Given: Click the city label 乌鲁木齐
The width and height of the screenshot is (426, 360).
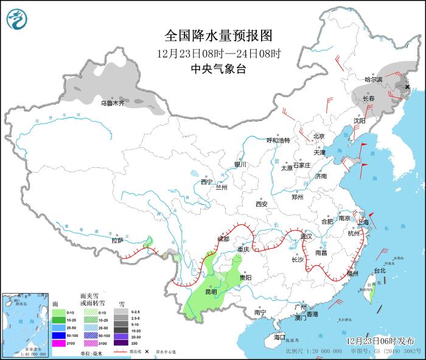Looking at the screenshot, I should (113, 103).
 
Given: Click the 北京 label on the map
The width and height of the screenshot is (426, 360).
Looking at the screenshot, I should (319, 136).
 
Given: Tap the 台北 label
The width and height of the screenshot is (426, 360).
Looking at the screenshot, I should (380, 270).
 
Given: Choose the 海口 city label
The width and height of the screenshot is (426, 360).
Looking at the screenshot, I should (279, 337).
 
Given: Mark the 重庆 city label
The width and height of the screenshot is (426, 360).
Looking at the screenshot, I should (243, 249).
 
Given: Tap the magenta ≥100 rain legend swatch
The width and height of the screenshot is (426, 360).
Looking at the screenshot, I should (58, 343).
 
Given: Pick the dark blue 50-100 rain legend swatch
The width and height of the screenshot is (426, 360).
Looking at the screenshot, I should (58, 335).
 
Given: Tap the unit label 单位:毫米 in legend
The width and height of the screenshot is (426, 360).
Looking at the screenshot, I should (92, 353).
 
